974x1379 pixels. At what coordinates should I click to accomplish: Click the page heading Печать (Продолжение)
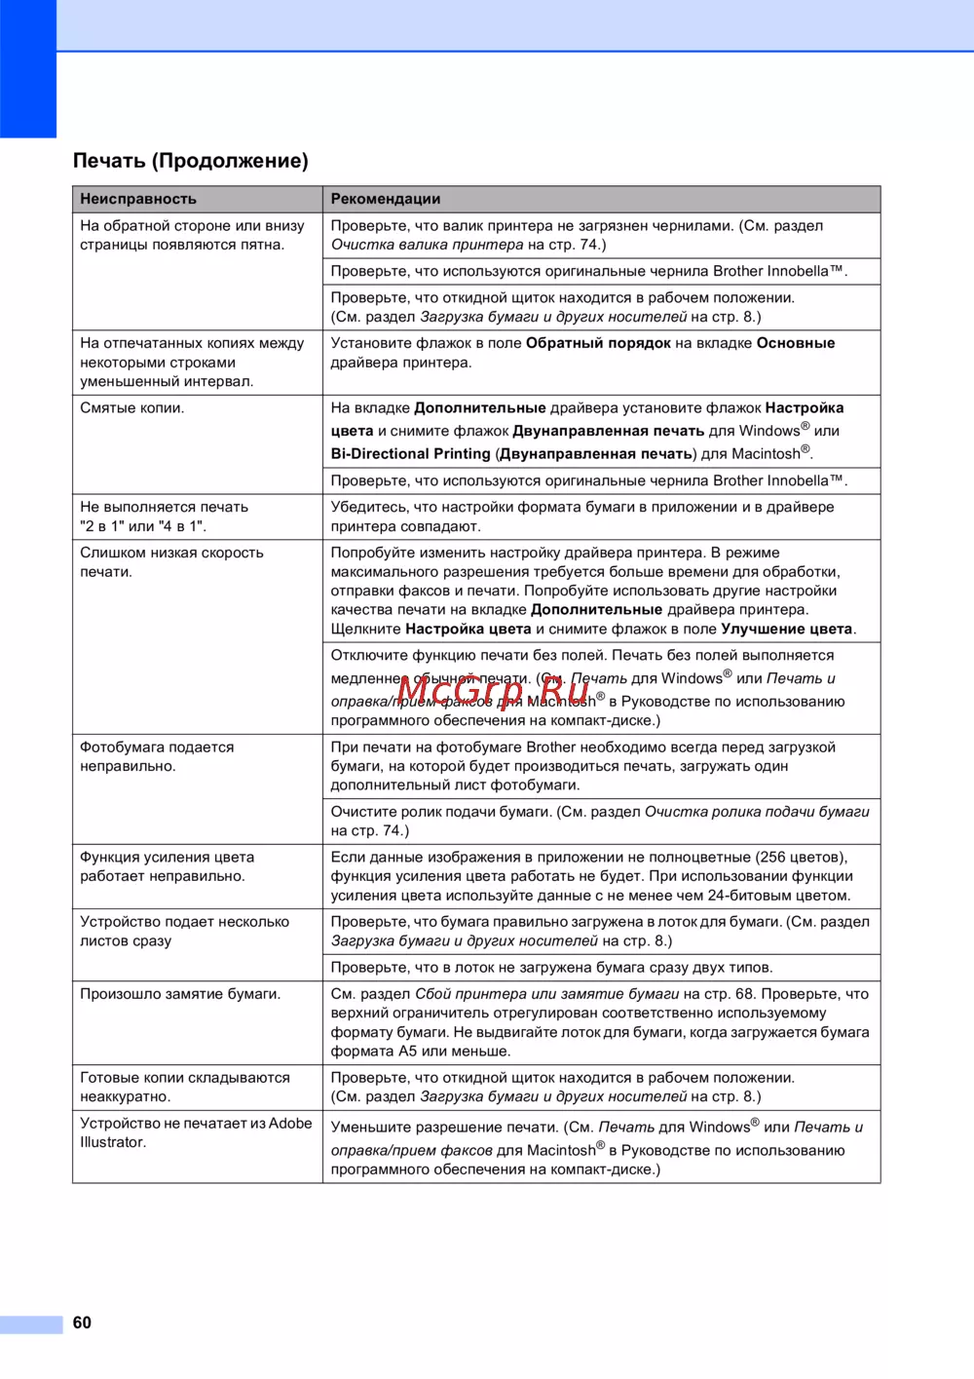[x=191, y=161]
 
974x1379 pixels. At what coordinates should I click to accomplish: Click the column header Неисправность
[x=138, y=199]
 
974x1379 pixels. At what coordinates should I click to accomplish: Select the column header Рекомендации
[x=386, y=199]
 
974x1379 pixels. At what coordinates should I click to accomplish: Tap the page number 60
[x=82, y=1322]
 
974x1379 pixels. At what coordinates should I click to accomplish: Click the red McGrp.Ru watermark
[x=494, y=690]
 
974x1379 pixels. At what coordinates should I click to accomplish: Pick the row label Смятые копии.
[x=132, y=408]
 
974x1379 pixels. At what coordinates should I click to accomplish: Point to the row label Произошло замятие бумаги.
[x=180, y=994]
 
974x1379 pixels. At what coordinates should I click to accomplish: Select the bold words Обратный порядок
[x=598, y=343]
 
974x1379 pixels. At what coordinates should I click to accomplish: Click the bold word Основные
[x=796, y=343]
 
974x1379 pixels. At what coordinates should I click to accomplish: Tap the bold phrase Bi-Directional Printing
[x=411, y=454]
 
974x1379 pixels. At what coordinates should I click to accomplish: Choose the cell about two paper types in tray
[x=551, y=968]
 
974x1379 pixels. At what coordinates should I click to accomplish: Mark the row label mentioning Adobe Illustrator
[x=195, y=1132]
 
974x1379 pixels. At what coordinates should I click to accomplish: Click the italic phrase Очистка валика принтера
[x=427, y=245]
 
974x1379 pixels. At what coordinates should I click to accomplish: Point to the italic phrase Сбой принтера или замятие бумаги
[x=546, y=994]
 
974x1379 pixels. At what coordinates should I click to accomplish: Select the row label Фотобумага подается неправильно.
[x=157, y=756]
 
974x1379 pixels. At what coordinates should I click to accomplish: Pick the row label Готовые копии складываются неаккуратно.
[x=184, y=1087]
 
